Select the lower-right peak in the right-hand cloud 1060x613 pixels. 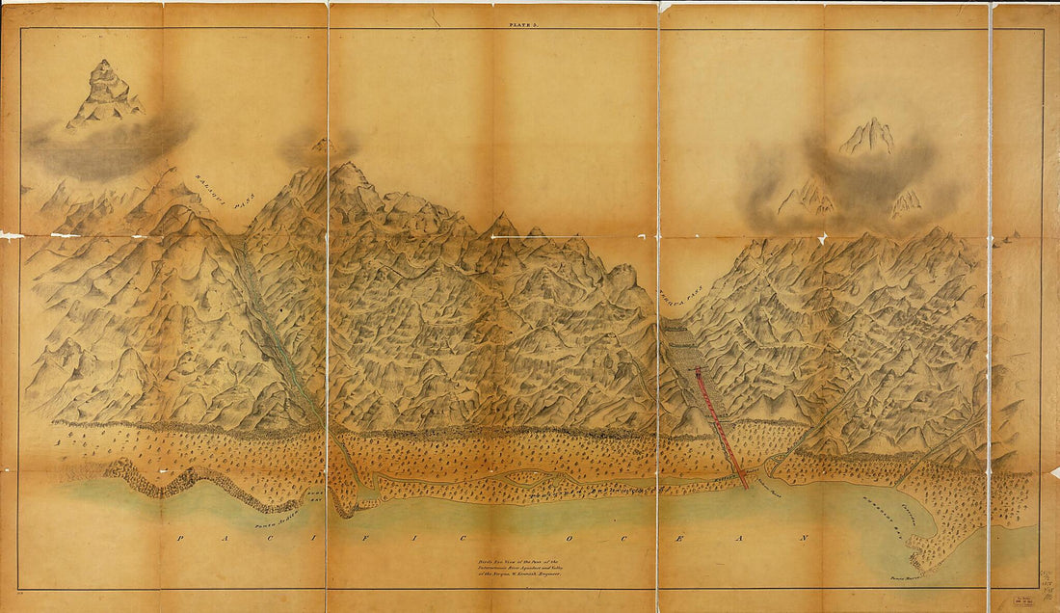pyautogui.click(x=905, y=201)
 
